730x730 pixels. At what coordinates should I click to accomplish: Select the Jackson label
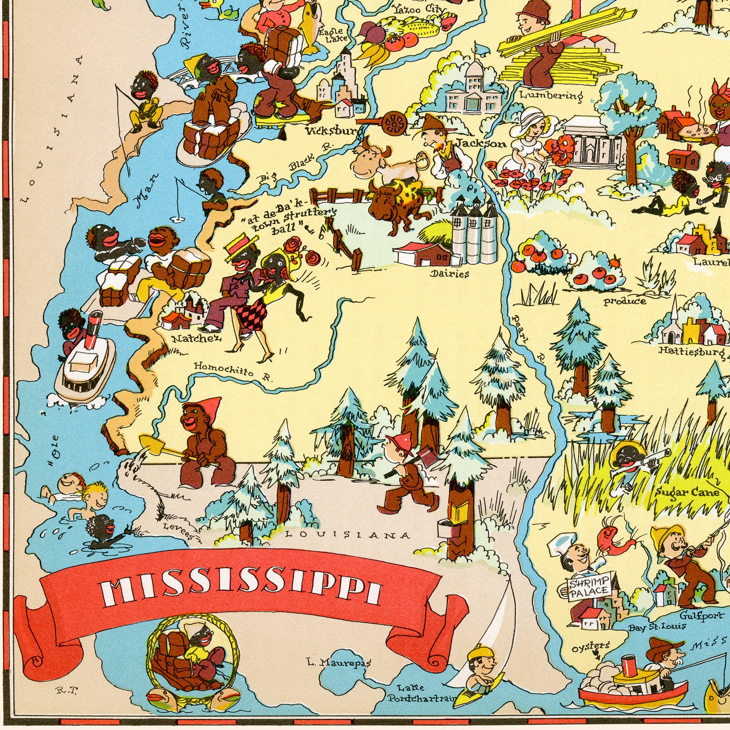tap(481, 143)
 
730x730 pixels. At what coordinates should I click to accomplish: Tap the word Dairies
tap(449, 273)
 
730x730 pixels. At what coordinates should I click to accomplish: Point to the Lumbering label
tap(551, 95)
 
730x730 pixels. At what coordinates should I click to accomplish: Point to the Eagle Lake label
tap(331, 34)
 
